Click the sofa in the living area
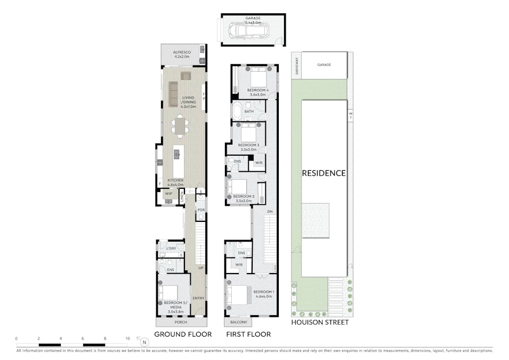pyautogui.click(x=174, y=94)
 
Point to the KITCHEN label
pyautogui.click(x=175, y=181)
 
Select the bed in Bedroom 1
pyautogui.click(x=239, y=295)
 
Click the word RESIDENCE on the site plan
pyautogui.click(x=324, y=173)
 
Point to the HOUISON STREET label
pyautogui.click(x=320, y=322)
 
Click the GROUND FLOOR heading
pyautogui.click(x=183, y=334)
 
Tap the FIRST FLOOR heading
pyautogui.click(x=248, y=334)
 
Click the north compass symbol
pyautogui.click(x=143, y=341)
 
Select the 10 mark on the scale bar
pyautogui.click(x=127, y=339)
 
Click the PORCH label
pyautogui.click(x=181, y=322)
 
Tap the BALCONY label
pyautogui.click(x=238, y=322)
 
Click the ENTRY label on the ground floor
pyautogui.click(x=198, y=298)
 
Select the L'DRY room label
pyautogui.click(x=171, y=249)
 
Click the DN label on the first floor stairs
pyautogui.click(x=270, y=212)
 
